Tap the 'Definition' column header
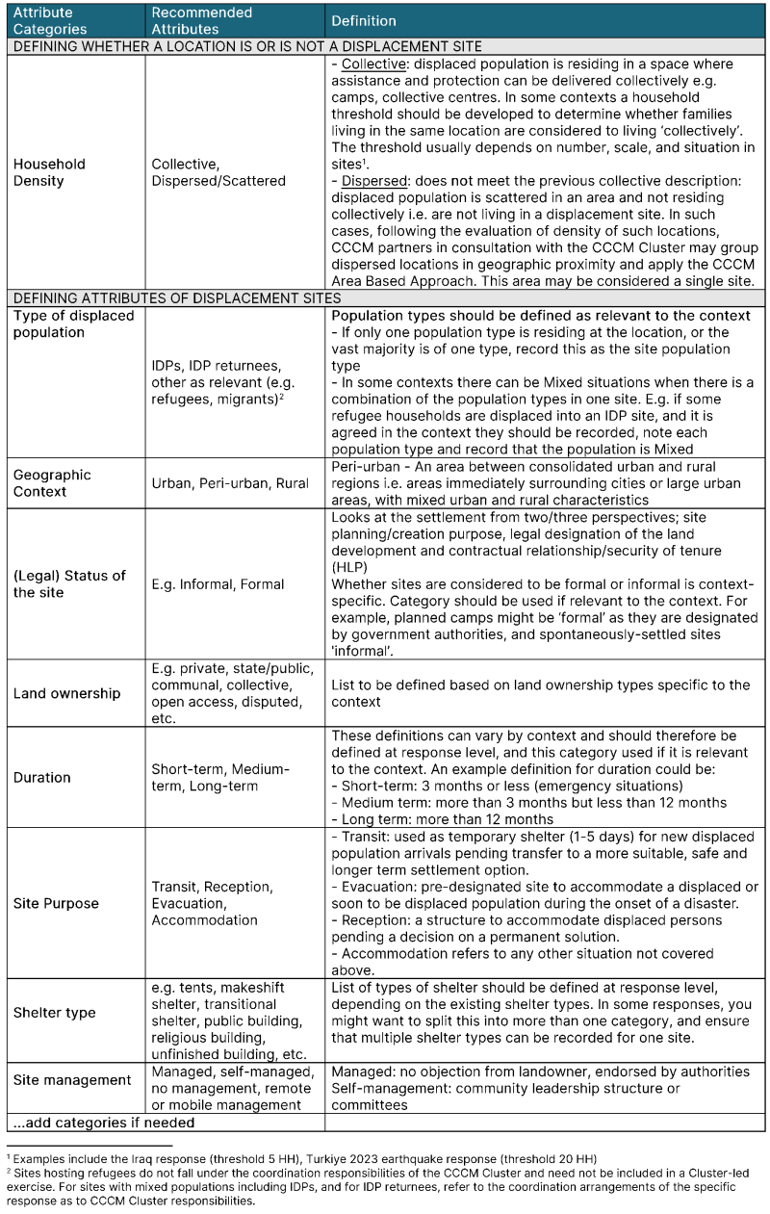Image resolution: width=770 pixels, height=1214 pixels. pyautogui.click(x=364, y=21)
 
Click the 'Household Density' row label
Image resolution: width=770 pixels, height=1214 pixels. pyautogui.click(x=49, y=172)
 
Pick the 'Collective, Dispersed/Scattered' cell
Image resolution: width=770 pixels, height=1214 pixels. pyautogui.click(x=218, y=172)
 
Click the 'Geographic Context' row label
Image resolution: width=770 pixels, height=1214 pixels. pyautogui.click(x=52, y=483)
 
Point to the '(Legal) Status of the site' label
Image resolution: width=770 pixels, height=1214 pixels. pyautogui.click(x=69, y=583)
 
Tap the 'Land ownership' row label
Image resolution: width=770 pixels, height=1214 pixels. pyautogui.click(x=66, y=693)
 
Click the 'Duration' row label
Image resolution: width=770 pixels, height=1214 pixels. pyautogui.click(x=41, y=777)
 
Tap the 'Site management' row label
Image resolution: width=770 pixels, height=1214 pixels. pyautogui.click(x=72, y=1079)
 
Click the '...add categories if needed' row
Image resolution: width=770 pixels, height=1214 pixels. pyautogui.click(x=104, y=1122)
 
